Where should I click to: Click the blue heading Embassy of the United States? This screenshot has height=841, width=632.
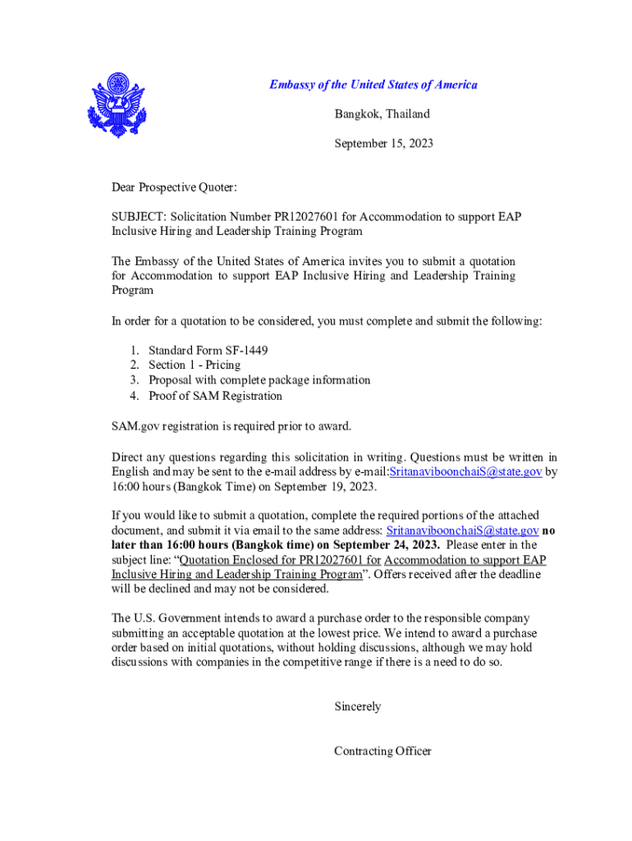(373, 85)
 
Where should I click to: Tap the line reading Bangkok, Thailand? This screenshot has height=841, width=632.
(382, 114)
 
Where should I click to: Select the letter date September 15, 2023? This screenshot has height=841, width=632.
(383, 144)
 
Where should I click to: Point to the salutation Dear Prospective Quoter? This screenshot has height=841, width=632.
(174, 188)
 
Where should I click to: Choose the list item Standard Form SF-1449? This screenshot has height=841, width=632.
(208, 350)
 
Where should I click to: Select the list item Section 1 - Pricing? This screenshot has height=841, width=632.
(195, 365)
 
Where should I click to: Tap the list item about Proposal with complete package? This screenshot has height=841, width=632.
(259, 380)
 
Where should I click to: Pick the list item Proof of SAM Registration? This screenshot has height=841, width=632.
(215, 396)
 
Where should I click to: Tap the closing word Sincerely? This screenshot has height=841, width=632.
(357, 706)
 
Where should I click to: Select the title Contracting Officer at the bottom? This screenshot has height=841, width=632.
(382, 751)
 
